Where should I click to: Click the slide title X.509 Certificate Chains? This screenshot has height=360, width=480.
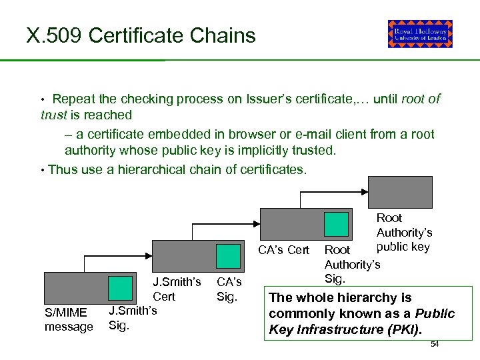tap(141, 35)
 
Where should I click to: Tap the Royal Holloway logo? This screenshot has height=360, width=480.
tap(420, 34)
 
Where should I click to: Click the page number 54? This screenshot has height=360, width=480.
tap(435, 343)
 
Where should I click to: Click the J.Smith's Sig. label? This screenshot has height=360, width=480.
tap(132, 317)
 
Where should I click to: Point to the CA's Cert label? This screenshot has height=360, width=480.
tap(284, 250)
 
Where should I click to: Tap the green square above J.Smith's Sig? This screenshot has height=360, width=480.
tap(120, 287)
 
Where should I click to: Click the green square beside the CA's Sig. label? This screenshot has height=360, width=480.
tap(229, 256)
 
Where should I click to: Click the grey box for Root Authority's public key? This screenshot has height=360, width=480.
tap(400, 194)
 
